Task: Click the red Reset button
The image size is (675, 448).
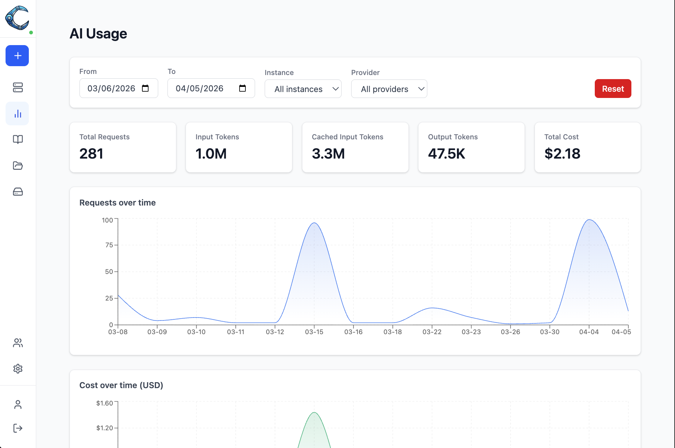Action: pyautogui.click(x=613, y=89)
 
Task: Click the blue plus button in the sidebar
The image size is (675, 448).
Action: pyautogui.click(x=17, y=56)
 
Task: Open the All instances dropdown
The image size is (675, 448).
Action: pyautogui.click(x=303, y=89)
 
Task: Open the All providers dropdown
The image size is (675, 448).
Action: pyautogui.click(x=389, y=89)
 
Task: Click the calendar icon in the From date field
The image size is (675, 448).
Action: pyautogui.click(x=145, y=88)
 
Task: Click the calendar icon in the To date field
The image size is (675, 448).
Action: pyautogui.click(x=242, y=88)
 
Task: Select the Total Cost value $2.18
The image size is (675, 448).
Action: pyautogui.click(x=562, y=154)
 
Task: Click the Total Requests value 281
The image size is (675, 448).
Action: pyautogui.click(x=91, y=154)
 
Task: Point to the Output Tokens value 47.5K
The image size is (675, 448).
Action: pyautogui.click(x=446, y=154)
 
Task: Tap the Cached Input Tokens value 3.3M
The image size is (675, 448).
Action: pyautogui.click(x=328, y=154)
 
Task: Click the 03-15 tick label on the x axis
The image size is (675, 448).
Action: pyautogui.click(x=314, y=332)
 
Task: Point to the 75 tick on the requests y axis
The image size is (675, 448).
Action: pyautogui.click(x=109, y=245)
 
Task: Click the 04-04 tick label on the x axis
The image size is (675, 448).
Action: pyautogui.click(x=588, y=332)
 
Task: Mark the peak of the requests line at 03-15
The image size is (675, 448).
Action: pyautogui.click(x=314, y=223)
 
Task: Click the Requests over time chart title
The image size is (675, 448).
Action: pyautogui.click(x=118, y=203)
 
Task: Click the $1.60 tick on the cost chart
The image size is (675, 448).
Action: pyautogui.click(x=104, y=403)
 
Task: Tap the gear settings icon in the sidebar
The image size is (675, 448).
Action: pyautogui.click(x=18, y=369)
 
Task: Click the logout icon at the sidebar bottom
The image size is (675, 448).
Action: pyautogui.click(x=18, y=428)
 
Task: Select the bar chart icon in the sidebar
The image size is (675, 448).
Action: pyautogui.click(x=17, y=113)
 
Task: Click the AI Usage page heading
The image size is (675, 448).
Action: pyautogui.click(x=98, y=34)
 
